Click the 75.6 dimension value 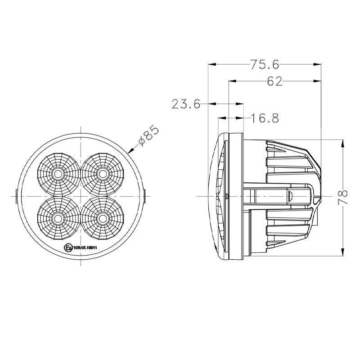(265, 64)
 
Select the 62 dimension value (274, 81)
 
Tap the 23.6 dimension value (185, 104)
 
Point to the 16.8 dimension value (265, 118)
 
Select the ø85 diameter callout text (148, 136)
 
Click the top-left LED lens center (58, 173)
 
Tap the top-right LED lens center (103, 173)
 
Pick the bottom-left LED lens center (58, 218)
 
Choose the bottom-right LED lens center (103, 218)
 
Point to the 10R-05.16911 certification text (85, 247)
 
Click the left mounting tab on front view (17, 196)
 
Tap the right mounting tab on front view (145, 196)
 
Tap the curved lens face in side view (215, 196)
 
